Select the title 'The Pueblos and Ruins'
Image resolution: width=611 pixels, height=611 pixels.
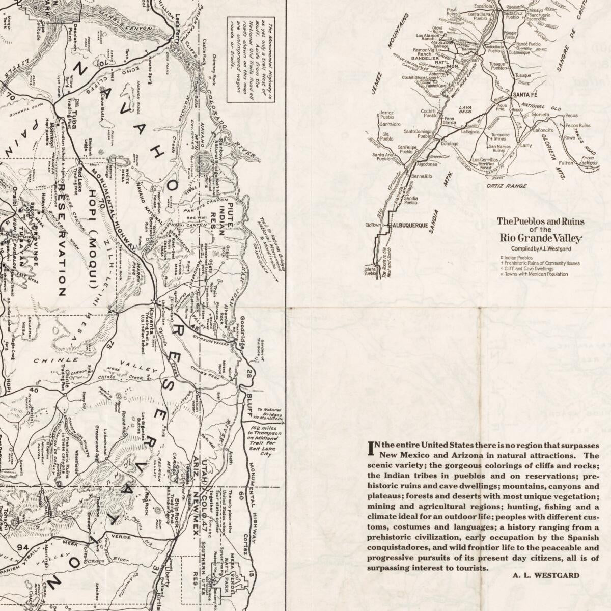(541, 221)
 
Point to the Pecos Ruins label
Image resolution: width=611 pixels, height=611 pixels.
(577, 125)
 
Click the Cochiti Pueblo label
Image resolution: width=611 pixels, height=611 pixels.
(428, 113)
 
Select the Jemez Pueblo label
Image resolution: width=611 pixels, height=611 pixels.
(387, 115)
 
